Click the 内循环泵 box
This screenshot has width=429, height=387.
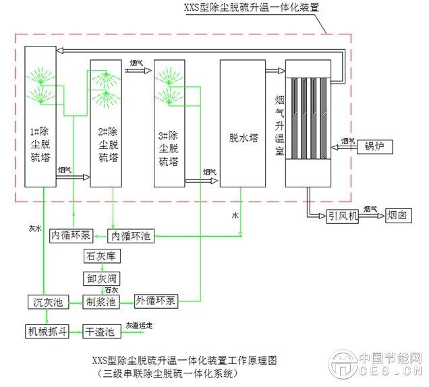pos(70,235)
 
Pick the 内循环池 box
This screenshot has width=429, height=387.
pos(132,235)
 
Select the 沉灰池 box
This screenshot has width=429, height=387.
pos(48,301)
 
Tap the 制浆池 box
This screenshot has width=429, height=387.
pos(103,301)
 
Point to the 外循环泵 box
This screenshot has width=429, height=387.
pos(156,301)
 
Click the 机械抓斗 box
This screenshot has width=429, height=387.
pos(48,331)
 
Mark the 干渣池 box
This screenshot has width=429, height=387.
pos(103,331)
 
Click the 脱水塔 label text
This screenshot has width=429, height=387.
pos(244,138)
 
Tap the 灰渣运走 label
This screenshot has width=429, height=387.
pos(139,326)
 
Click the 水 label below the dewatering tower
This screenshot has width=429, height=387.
pos(235,215)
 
